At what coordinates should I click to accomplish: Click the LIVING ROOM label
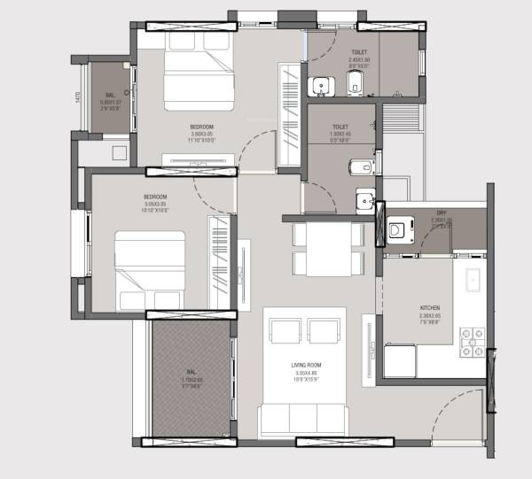click(x=304, y=365)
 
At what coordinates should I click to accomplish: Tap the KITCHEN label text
click(x=430, y=309)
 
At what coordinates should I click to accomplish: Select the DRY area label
click(x=441, y=212)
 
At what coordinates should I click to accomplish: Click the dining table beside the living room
click(x=328, y=249)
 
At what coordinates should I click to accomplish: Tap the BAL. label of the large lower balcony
click(x=191, y=373)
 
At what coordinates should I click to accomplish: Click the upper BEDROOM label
click(x=201, y=127)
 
